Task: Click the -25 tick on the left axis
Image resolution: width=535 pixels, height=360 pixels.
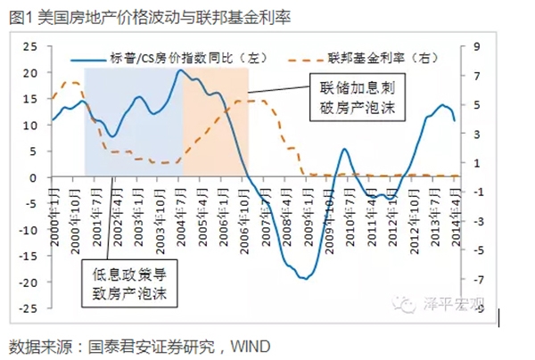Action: (28, 308)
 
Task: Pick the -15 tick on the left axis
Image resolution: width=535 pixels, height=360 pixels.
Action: (28, 256)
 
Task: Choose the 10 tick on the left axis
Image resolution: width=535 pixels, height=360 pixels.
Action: (31, 125)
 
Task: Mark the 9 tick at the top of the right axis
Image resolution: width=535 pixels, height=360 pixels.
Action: (477, 46)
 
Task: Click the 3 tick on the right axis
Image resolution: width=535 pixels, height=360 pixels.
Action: (477, 134)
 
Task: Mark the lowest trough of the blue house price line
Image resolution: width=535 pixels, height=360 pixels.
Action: (304, 279)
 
